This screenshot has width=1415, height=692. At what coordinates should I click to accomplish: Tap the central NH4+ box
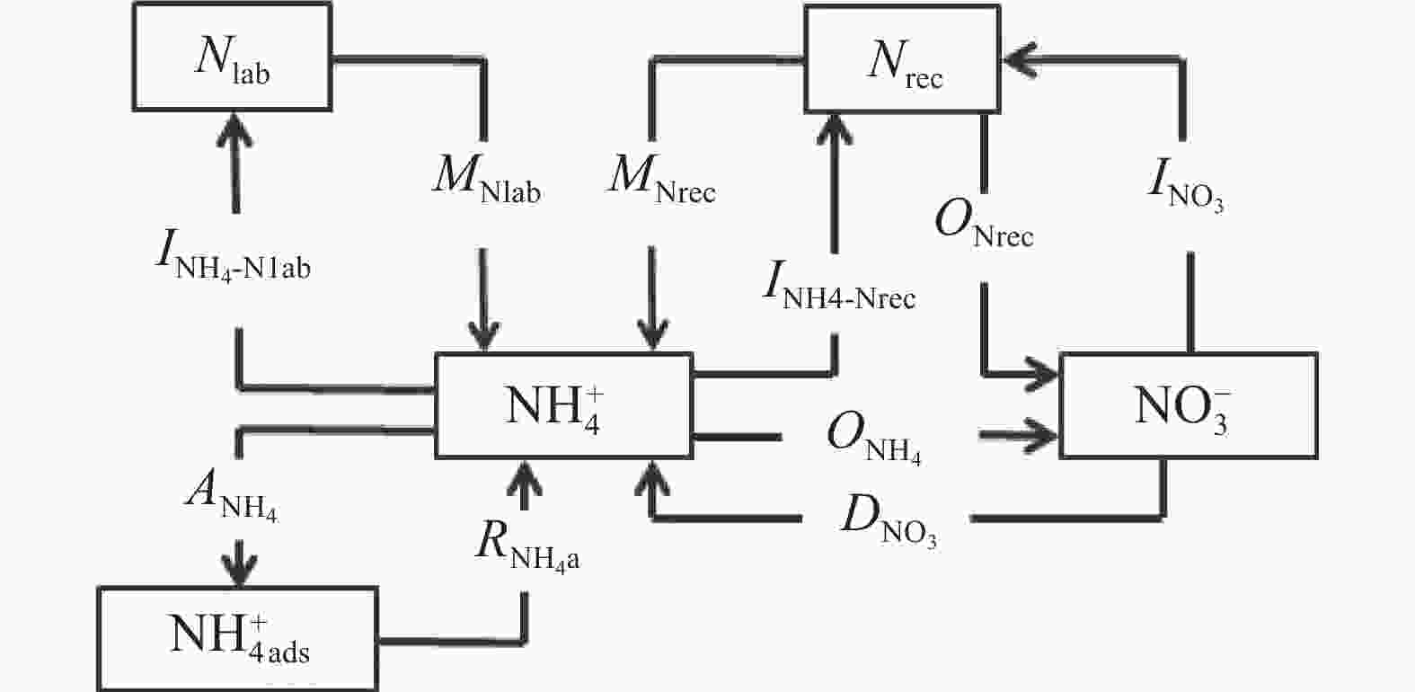[563, 405]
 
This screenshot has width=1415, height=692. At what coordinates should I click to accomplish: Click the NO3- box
[1189, 405]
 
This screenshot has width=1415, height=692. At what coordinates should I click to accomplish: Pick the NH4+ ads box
[237, 638]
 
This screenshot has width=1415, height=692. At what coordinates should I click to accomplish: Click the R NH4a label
[526, 546]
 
